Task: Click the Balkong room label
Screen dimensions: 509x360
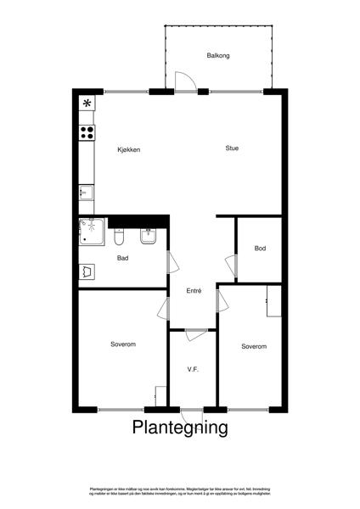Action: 218,56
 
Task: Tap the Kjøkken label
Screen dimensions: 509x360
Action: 129,150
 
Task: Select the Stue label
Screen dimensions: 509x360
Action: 232,148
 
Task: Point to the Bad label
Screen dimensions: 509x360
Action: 122,258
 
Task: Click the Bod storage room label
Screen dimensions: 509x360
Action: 260,248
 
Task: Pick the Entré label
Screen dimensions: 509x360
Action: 194,291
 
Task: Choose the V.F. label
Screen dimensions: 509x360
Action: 193,369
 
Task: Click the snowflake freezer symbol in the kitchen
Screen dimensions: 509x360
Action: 87,103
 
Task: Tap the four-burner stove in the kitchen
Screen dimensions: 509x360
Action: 87,131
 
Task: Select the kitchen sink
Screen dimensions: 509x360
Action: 86,193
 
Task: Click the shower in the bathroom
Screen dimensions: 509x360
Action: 90,230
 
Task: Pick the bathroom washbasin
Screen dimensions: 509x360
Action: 147,238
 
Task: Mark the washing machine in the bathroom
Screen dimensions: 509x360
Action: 87,271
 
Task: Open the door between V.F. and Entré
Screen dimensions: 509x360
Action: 194,333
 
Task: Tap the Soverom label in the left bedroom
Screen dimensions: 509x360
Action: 123,344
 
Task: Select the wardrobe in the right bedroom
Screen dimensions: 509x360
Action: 273,302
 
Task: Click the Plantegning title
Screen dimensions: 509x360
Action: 180,428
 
